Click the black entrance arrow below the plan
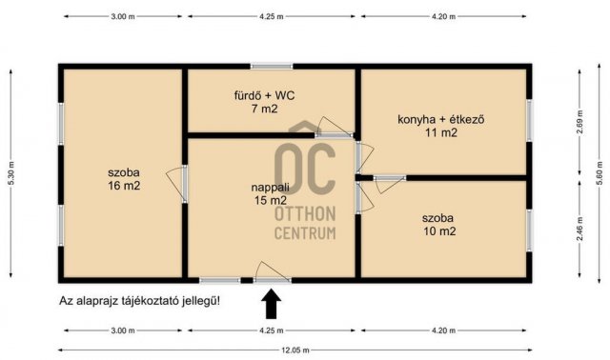[271, 303]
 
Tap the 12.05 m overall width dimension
[295, 350]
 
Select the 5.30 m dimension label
[10, 173]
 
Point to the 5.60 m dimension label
[600, 173]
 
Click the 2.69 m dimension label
[579, 123]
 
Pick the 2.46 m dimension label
[579, 229]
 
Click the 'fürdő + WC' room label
[264, 95]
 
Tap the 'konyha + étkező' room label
[440, 119]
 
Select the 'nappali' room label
[270, 188]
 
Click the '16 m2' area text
[124, 186]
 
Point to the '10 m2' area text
[439, 231]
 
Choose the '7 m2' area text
[265, 109]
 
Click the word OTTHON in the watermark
[305, 214]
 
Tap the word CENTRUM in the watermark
[305, 233]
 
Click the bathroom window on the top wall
[271, 67]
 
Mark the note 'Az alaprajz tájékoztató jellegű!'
[139, 301]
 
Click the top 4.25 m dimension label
[271, 16]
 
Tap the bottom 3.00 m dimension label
[123, 330]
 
